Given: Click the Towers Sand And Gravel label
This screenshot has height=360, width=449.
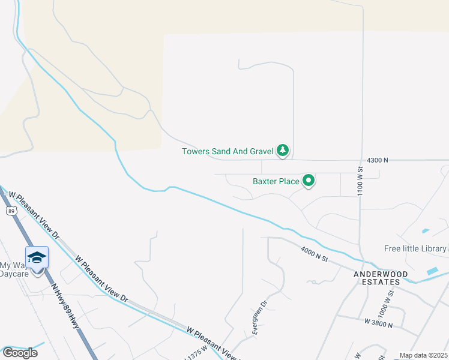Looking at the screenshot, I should pos(228,151).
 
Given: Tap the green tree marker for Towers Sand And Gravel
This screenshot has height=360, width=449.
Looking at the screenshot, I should pos(283,150).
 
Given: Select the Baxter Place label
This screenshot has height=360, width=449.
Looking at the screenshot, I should pos(276,181).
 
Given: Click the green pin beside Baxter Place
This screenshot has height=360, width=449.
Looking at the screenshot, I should pos(309,180).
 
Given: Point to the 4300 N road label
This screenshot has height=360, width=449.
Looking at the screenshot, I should pos(378,160).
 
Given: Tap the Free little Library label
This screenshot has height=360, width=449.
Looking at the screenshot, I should pos(415,248).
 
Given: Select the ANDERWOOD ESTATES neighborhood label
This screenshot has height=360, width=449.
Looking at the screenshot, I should pos(377,278).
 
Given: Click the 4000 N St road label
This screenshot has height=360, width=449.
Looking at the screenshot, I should pos(315,254).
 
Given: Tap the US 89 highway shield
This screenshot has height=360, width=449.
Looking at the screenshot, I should pos(11,211).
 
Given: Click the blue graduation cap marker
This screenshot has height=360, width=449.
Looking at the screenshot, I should pos(37,257).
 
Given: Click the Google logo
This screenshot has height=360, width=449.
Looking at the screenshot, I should pos(20,352).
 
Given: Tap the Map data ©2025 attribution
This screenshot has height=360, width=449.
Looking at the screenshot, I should pos(424,355).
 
